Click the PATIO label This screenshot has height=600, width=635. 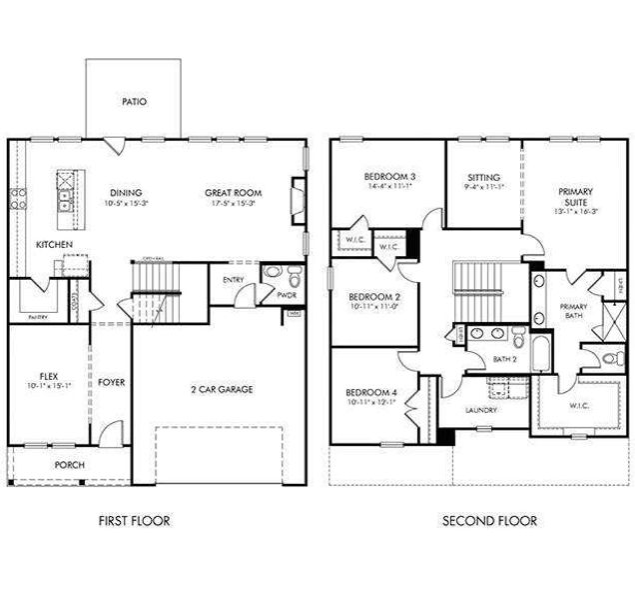tap(134, 101)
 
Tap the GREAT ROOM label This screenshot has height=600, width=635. tap(233, 193)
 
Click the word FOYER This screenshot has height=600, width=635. tap(111, 382)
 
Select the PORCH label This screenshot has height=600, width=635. tap(70, 465)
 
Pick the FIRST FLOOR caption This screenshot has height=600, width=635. tap(134, 521)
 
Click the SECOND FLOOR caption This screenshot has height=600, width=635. tap(489, 521)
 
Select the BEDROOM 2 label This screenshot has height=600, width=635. tap(373, 297)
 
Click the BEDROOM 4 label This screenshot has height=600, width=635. tap(372, 392)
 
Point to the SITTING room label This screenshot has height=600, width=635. tap(483, 177)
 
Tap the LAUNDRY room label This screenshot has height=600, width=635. tap(482, 410)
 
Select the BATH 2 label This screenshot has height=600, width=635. tap(504, 359)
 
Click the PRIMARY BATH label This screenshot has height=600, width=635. tap(573, 311)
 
